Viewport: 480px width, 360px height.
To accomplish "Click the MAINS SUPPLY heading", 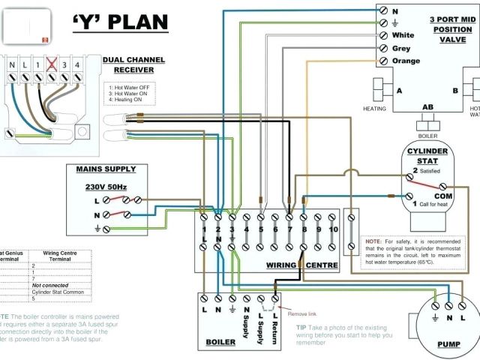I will pyautogui.click(x=106, y=170).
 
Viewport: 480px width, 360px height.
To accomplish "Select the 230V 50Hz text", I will pyautogui.click(x=106, y=186).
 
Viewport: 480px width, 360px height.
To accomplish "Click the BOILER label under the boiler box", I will pyautogui.click(x=220, y=343).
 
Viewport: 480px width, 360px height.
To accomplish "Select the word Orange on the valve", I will pyautogui.click(x=406, y=61).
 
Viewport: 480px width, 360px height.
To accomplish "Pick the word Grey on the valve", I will pyautogui.click(x=401, y=49).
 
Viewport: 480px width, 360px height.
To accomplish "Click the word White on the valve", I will pyautogui.click(x=403, y=35).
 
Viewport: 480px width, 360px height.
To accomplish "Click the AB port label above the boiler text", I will pyautogui.click(x=428, y=107).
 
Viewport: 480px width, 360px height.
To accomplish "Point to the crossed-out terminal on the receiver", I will pyautogui.click(x=52, y=64).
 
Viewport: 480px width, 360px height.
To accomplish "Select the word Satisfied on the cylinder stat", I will pyautogui.click(x=432, y=172).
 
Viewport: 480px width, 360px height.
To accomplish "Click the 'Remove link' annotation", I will pyautogui.click(x=303, y=313).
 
